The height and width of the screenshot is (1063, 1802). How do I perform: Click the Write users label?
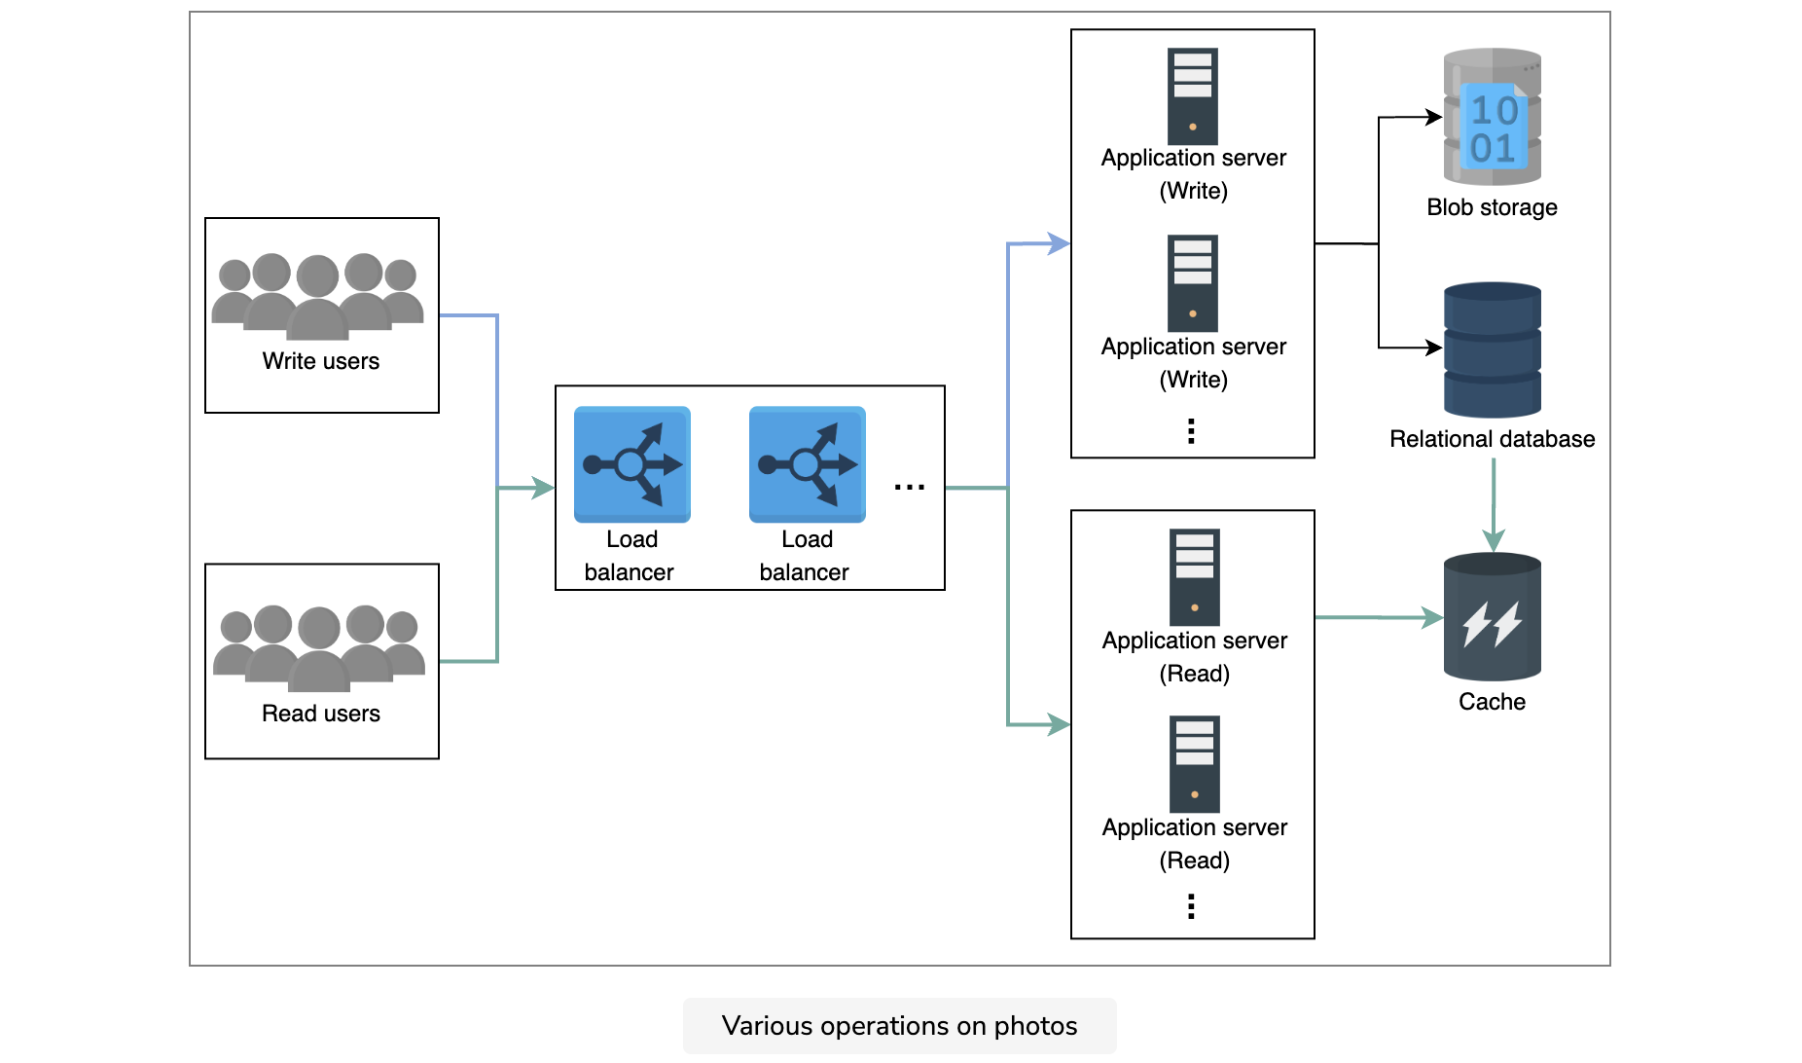pos(321,361)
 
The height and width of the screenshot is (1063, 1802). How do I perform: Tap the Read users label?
pos(321,714)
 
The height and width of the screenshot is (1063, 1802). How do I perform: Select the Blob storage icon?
pos(1492,117)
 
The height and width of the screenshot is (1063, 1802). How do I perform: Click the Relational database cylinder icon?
pos(1493,349)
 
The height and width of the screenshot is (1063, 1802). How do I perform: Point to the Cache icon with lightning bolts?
pos(1493,617)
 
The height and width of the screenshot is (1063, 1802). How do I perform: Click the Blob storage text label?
pos(1492,207)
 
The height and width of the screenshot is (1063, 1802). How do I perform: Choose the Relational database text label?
pos(1493,439)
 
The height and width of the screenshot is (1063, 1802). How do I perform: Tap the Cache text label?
pos(1493,702)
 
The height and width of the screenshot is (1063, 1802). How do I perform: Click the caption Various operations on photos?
pos(900,1026)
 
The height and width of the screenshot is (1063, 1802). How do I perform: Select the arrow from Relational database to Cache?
pos(1494,505)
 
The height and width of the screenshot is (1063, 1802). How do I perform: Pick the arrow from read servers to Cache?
pos(1379,617)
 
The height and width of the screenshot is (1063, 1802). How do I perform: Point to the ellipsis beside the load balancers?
pos(910,487)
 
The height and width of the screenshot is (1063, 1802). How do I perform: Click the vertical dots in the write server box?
pos(1191,431)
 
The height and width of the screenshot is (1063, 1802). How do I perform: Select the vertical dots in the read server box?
pos(1191,906)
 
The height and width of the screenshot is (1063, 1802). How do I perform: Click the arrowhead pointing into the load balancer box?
pos(543,488)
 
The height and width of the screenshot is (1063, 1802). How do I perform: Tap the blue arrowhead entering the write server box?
pos(1059,243)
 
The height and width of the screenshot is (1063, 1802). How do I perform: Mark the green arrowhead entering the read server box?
pos(1059,724)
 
